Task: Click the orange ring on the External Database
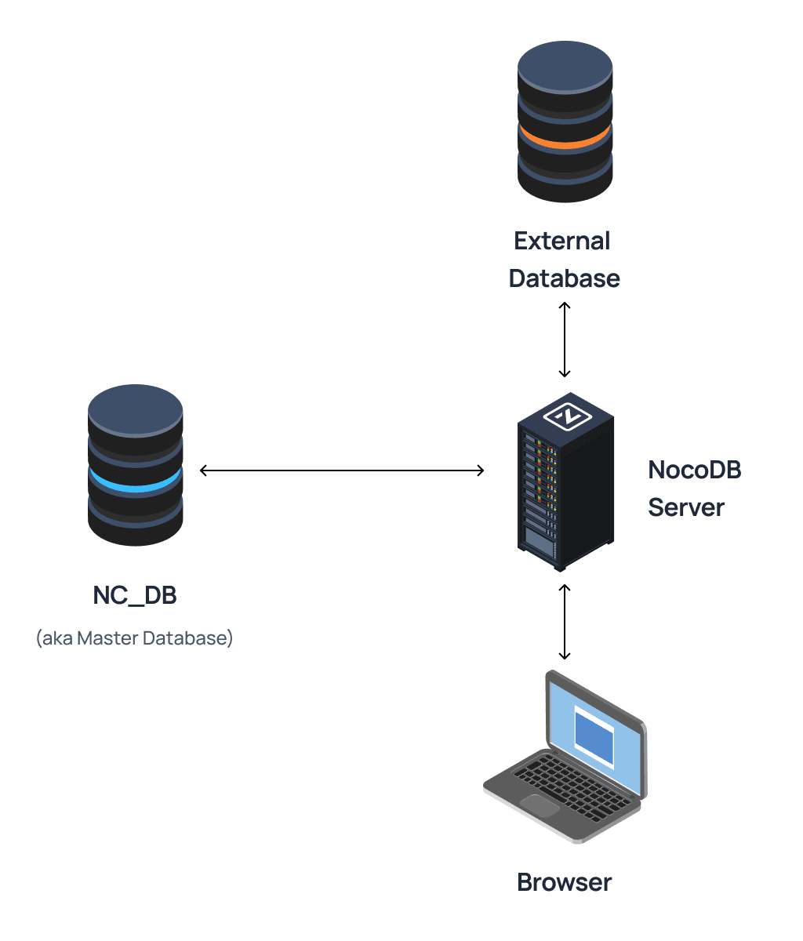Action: pyautogui.click(x=565, y=142)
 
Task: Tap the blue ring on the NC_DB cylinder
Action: pyautogui.click(x=135, y=485)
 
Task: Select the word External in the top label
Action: pyautogui.click(x=561, y=241)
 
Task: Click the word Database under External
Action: pyautogui.click(x=564, y=278)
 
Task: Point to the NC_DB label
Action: pyautogui.click(x=135, y=595)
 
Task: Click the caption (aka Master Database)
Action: pyautogui.click(x=135, y=638)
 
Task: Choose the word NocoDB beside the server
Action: pyautogui.click(x=694, y=470)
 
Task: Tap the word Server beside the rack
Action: pyautogui.click(x=685, y=507)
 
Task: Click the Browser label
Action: pyautogui.click(x=564, y=882)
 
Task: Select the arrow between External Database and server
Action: pyautogui.click(x=564, y=339)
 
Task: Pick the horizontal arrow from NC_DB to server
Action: pyautogui.click(x=342, y=470)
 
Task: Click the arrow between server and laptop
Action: pyautogui.click(x=564, y=621)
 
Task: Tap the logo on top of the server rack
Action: pyautogui.click(x=566, y=416)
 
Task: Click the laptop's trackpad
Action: pyautogui.click(x=540, y=805)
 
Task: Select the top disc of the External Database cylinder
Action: pyautogui.click(x=565, y=66)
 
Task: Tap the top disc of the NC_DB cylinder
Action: pyautogui.click(x=135, y=409)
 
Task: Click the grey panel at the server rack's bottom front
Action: pyautogui.click(x=539, y=540)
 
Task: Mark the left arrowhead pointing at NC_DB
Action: pyautogui.click(x=204, y=470)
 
